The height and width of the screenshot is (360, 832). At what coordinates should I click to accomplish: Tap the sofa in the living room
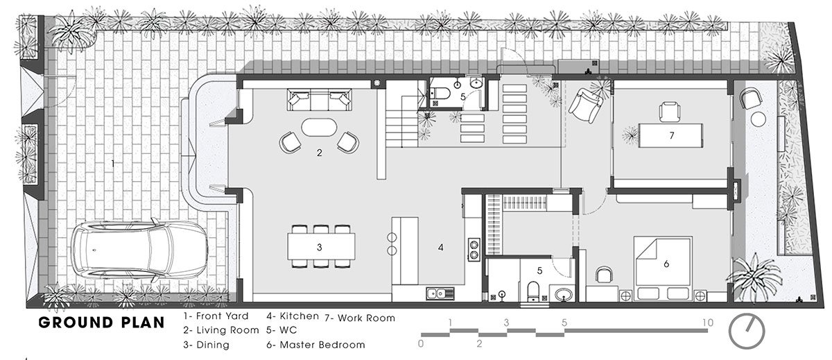(x=320, y=99)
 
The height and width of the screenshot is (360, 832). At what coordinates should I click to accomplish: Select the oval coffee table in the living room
(x=319, y=128)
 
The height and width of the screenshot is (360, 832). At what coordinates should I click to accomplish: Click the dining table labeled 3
(x=321, y=246)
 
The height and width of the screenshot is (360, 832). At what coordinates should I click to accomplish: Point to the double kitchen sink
(x=440, y=293)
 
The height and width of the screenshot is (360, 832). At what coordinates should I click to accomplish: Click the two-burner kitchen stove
(x=474, y=250)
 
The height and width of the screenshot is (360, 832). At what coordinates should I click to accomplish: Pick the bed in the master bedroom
(x=663, y=268)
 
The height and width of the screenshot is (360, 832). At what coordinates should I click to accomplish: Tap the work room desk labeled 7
(x=670, y=135)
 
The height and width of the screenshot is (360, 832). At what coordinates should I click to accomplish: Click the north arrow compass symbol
(x=747, y=332)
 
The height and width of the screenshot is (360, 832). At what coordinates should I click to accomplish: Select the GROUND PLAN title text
(x=101, y=323)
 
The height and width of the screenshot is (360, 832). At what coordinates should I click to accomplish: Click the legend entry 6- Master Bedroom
(x=315, y=345)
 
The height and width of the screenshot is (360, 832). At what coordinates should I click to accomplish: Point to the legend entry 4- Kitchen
(x=293, y=316)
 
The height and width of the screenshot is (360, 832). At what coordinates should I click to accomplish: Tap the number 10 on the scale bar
(x=708, y=323)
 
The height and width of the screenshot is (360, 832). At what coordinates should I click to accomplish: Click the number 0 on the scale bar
(x=420, y=343)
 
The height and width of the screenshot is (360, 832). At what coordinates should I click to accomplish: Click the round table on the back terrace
(x=758, y=119)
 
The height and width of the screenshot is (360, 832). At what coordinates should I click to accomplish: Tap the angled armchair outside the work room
(x=585, y=107)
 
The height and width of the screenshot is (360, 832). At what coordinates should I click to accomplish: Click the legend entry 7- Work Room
(x=360, y=318)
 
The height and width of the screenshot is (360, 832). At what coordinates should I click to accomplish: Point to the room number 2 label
(x=319, y=153)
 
